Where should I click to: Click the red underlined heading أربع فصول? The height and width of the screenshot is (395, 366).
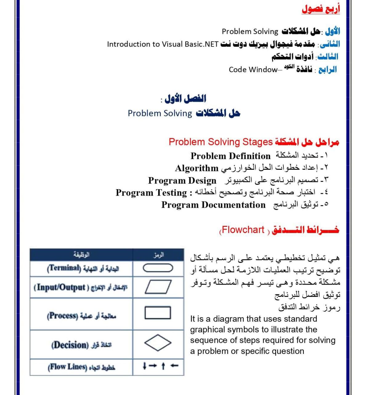tap(321, 9)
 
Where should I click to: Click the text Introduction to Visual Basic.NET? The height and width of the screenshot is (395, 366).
tap(163, 44)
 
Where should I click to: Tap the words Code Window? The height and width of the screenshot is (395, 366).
tap(253, 69)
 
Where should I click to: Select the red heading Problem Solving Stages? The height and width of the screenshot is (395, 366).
tap(221, 142)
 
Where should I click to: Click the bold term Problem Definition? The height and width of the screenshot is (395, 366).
tap(230, 156)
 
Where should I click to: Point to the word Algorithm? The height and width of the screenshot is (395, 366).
tap(197, 168)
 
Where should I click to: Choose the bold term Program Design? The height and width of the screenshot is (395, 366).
tap(182, 180)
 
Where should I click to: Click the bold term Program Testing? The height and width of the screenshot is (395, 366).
tap(151, 193)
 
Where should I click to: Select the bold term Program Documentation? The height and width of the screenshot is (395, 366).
tap(213, 205)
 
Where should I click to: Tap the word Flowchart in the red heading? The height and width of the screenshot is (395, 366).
tap(243, 230)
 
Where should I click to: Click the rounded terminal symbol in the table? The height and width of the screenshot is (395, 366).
tap(158, 268)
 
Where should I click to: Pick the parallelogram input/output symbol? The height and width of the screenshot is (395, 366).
tap(158, 287)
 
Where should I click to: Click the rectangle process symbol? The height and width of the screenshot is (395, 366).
tap(158, 313)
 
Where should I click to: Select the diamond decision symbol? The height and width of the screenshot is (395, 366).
tap(158, 343)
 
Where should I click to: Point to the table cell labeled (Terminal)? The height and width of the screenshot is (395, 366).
tap(83, 268)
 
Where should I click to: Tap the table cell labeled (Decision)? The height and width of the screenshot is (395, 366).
tap(81, 345)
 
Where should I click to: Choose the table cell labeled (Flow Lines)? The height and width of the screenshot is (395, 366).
tap(81, 367)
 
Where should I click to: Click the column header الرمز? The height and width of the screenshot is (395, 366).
tap(159, 255)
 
